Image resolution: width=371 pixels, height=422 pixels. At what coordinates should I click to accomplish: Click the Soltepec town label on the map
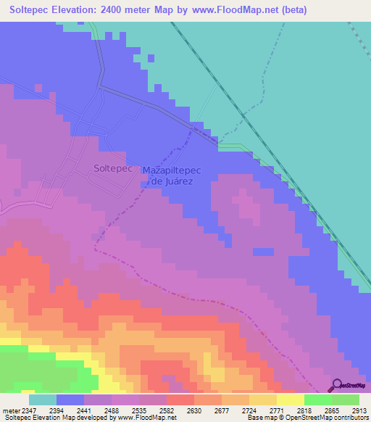coord(112,167)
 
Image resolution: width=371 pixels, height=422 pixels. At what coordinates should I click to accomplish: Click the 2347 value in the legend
coord(28,410)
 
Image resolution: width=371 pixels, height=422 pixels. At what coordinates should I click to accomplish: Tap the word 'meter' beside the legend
coord(9,410)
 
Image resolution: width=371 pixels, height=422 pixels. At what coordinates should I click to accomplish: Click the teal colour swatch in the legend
coord(42,400)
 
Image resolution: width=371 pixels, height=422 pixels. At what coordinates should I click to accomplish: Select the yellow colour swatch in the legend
coord(290,400)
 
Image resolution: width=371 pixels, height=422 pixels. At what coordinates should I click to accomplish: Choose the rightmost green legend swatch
coord(345,400)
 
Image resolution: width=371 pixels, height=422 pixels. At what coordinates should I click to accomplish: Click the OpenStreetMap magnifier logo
coord(336,385)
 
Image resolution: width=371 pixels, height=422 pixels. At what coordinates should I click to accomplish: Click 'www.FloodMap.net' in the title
coord(225,10)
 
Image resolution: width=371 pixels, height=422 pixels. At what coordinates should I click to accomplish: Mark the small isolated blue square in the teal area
coord(151,58)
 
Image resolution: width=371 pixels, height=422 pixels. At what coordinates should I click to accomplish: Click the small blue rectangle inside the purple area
coord(264,252)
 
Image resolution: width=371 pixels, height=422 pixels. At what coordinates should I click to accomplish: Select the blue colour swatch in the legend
coord(70,400)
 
